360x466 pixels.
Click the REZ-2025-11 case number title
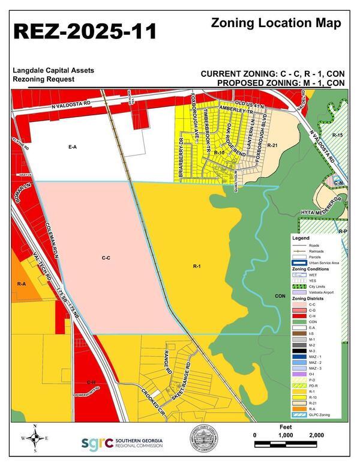coord(85,31)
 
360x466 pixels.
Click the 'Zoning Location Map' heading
coord(277,23)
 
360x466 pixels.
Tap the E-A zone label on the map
coord(73,146)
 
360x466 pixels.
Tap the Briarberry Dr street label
coord(181,157)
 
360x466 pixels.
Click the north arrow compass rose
coord(35,438)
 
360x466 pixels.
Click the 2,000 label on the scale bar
coord(316,435)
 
